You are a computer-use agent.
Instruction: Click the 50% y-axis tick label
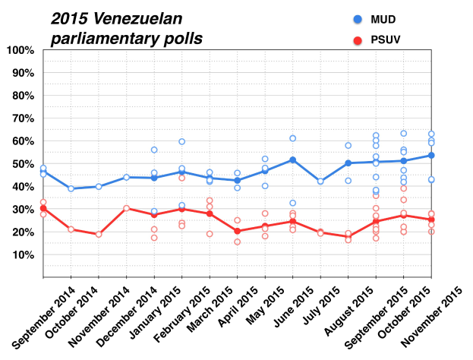point(22,164)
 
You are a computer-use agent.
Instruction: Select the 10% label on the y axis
point(22,255)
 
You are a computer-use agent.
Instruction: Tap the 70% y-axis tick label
point(22,118)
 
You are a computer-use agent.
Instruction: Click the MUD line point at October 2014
point(71,188)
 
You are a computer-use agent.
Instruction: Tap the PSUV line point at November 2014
point(99,234)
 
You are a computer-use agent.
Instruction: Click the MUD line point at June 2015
point(292,160)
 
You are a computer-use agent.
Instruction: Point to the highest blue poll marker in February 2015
point(182,141)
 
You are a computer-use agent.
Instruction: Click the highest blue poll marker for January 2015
point(154,150)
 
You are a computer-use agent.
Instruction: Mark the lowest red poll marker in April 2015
point(237,242)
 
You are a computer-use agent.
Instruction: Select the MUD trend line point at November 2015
point(431,155)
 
